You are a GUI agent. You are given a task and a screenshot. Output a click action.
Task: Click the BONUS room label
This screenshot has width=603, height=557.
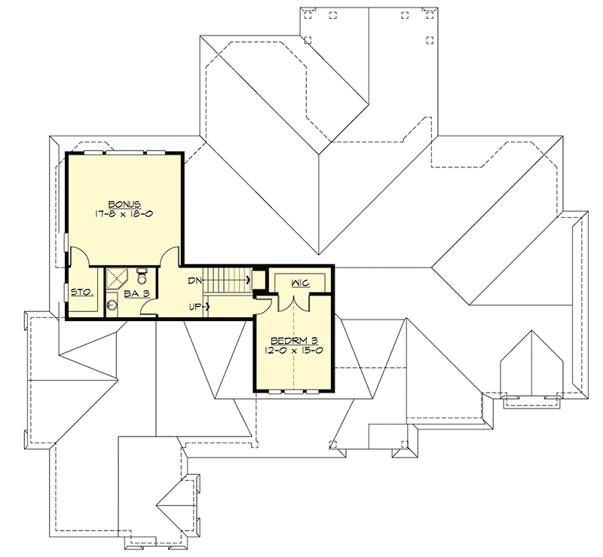[x=124, y=204]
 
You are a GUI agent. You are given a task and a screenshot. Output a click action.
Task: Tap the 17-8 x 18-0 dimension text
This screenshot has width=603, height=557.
[x=124, y=215]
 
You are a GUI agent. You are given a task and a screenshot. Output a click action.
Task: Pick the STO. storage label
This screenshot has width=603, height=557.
[x=81, y=294]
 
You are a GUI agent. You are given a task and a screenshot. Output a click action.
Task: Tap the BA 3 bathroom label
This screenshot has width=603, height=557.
[x=135, y=294]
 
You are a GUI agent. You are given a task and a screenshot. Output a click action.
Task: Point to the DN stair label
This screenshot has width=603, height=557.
[x=193, y=280]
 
